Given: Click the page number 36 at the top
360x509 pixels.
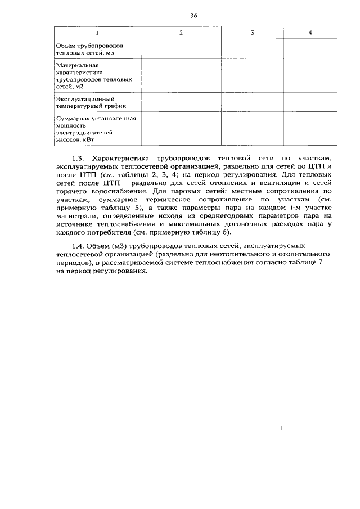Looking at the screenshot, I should pyautogui.click(x=193, y=16).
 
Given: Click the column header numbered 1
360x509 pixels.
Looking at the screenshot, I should pyautogui.click(x=97, y=33).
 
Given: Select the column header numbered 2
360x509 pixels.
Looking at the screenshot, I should pyautogui.click(x=181, y=33).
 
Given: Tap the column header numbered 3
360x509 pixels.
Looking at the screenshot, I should pyautogui.click(x=253, y=33).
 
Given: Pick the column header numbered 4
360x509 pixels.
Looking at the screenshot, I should pyautogui.click(x=310, y=33).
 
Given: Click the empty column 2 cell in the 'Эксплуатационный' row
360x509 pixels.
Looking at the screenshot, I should pyautogui.click(x=181, y=102).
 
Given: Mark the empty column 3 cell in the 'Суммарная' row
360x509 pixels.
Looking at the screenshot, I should pyautogui.click(x=253, y=129).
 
